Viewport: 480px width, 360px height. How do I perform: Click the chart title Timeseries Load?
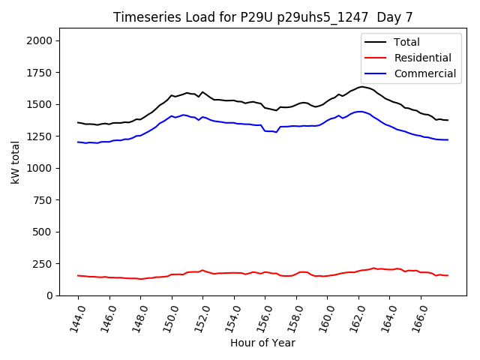262,16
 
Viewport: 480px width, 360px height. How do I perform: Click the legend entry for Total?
406,42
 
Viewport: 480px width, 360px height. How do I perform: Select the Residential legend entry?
422,58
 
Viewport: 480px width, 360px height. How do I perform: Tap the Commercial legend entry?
424,73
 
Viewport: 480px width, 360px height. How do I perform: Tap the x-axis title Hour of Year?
262,343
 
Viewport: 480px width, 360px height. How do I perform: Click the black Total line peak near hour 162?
362,87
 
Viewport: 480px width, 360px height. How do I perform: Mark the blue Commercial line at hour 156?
265,131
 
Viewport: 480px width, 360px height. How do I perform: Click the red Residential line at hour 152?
202,271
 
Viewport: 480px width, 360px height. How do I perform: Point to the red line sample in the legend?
376,58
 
